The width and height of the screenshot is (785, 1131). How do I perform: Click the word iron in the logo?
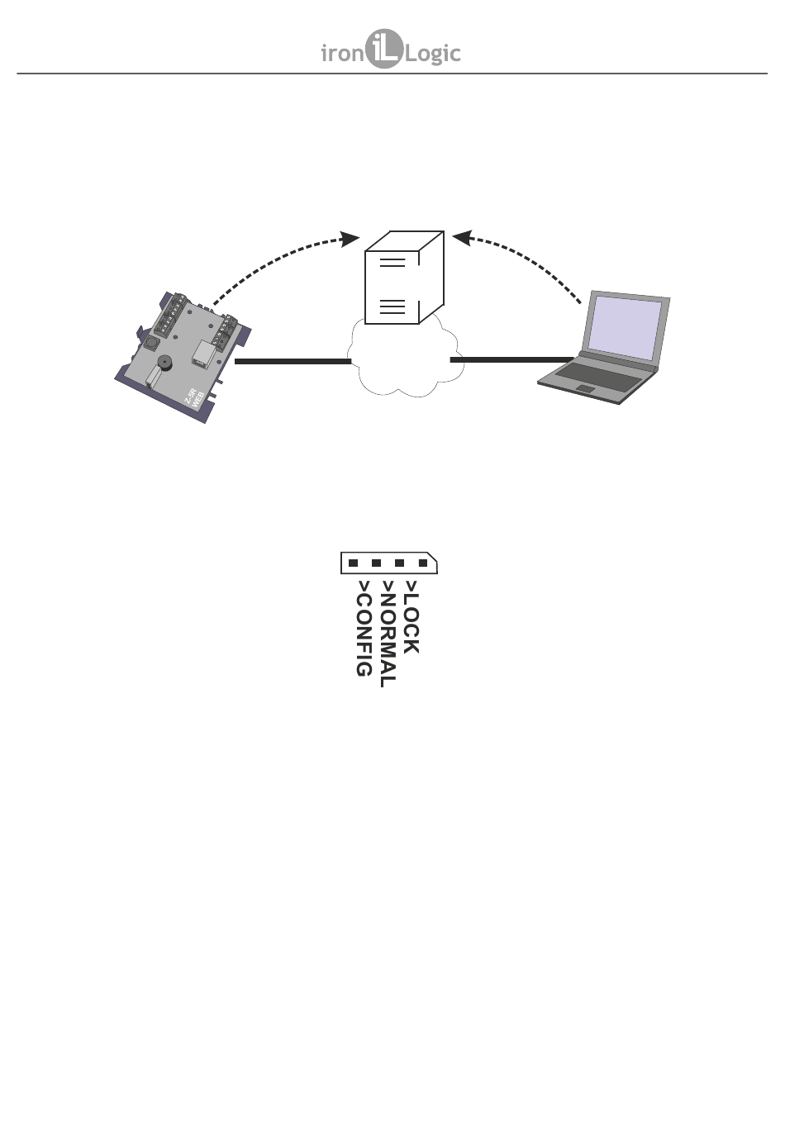pyautogui.click(x=342, y=55)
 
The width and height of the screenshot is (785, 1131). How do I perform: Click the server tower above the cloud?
pyautogui.click(x=403, y=278)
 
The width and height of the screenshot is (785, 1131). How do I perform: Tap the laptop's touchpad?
pyautogui.click(x=585, y=388)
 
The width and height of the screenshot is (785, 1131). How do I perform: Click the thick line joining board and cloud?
pyautogui.click(x=293, y=361)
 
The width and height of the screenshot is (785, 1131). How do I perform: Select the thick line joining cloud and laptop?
pyautogui.click(x=511, y=360)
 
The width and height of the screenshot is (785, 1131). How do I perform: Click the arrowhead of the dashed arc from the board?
pyautogui.click(x=351, y=239)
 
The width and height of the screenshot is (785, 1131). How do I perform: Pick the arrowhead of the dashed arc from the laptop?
pyautogui.click(x=461, y=237)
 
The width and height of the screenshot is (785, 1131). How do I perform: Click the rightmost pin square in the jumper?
pyautogui.click(x=423, y=563)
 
